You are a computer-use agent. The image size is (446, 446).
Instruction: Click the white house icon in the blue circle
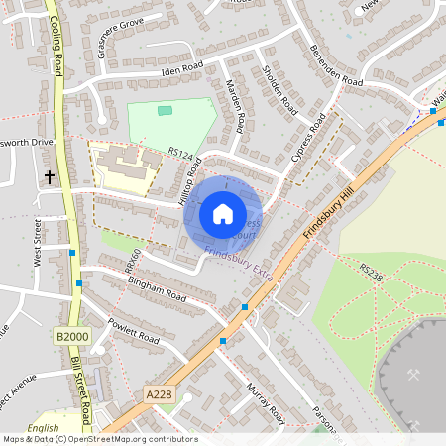223,213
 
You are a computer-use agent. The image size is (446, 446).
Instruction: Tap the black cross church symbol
50,177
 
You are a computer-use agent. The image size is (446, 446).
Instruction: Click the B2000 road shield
72,338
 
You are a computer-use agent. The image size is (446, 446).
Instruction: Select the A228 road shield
159,394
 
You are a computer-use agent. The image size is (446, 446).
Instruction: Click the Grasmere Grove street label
122,36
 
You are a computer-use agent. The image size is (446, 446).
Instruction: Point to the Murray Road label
265,401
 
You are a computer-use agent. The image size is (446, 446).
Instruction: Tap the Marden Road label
236,107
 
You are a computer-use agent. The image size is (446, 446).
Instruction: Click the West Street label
39,244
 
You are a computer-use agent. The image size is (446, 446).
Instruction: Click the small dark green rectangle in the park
165,110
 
